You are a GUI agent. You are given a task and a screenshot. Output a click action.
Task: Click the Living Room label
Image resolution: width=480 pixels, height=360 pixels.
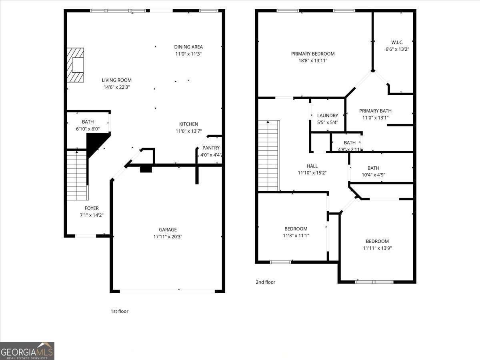[x=116, y=80]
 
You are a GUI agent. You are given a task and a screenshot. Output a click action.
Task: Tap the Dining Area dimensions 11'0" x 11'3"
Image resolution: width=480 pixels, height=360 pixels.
[x=188, y=54]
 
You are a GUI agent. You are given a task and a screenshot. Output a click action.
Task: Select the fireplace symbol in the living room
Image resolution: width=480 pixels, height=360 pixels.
[x=76, y=65]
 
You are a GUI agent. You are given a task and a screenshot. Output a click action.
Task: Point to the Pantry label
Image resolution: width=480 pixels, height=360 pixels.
[x=211, y=148]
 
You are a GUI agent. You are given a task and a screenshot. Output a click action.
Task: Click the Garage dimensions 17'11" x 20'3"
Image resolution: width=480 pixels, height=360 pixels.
[x=168, y=237]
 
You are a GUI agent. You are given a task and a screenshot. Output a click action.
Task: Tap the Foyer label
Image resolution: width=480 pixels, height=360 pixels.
[x=92, y=208]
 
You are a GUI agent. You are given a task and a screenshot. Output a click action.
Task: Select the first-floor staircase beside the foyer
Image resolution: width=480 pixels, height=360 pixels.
[x=76, y=175]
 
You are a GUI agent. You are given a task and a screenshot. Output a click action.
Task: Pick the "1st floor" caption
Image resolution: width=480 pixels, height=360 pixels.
[x=119, y=311]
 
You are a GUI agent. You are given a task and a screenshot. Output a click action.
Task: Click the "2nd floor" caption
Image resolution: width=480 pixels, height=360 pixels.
[x=266, y=282]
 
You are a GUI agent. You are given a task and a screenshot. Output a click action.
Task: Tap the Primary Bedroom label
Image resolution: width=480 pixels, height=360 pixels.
[x=313, y=54]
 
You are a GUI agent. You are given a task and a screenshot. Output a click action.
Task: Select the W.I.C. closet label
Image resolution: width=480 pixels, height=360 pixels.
[x=397, y=42]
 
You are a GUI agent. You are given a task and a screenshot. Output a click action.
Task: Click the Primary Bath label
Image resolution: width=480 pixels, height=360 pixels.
[x=375, y=111]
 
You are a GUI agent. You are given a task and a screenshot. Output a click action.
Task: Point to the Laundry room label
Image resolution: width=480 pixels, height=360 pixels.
[x=328, y=116]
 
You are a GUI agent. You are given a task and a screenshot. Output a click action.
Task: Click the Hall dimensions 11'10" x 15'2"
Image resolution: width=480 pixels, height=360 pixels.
[x=312, y=173]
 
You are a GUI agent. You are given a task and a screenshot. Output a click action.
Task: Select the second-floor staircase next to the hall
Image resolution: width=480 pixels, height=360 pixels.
[x=268, y=156]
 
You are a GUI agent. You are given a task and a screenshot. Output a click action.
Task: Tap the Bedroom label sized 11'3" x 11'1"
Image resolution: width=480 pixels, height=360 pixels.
[x=296, y=229]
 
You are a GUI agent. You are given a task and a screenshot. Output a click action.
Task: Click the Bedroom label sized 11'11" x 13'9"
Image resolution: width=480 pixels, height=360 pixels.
[x=377, y=241]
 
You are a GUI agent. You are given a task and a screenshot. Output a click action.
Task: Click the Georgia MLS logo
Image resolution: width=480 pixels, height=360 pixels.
[x=27, y=351]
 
